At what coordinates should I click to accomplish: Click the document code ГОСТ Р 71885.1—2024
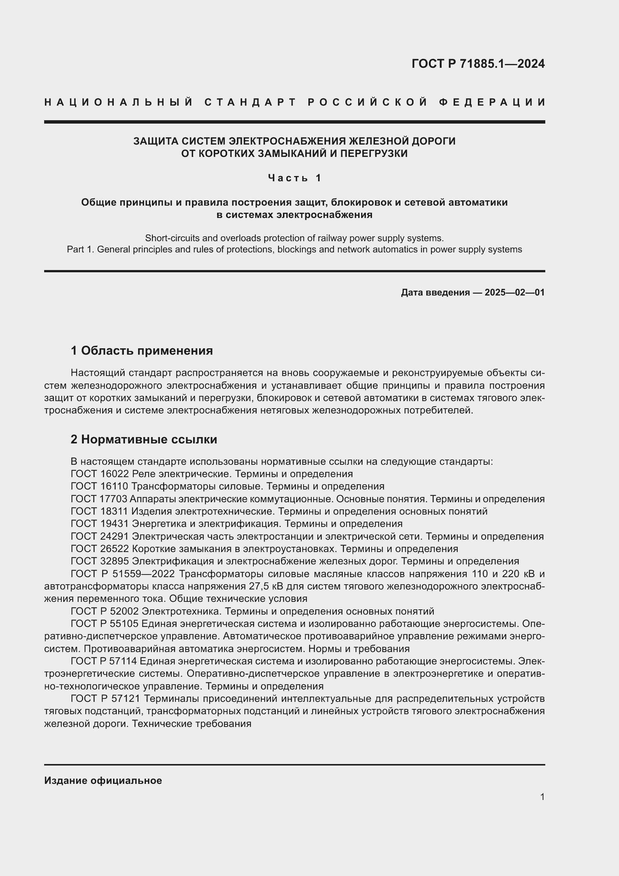478,64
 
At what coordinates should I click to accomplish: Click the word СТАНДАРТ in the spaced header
250,102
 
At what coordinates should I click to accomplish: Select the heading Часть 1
295,178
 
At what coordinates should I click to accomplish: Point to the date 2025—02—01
515,292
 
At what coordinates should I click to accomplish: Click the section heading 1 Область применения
142,350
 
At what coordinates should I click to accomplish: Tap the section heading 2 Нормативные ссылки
144,439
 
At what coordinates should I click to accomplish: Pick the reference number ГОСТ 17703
99,498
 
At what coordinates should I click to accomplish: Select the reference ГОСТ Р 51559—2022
123,574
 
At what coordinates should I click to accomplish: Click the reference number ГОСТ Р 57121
106,698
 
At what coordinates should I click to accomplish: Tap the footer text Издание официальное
103,780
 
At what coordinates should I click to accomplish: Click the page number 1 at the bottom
542,797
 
